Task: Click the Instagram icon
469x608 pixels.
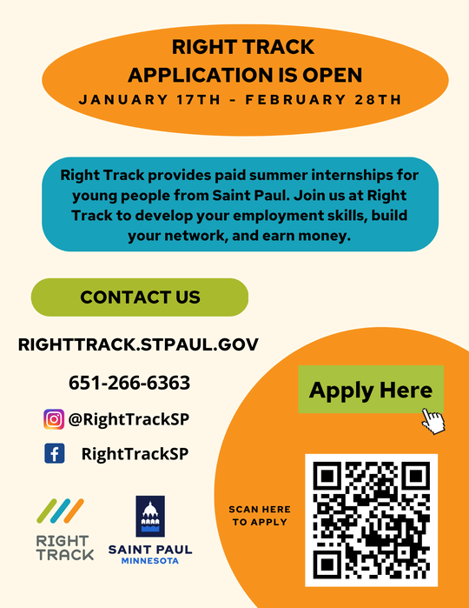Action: coord(54,418)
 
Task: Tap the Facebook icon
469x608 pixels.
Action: coord(54,453)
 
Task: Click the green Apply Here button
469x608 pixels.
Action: coord(371,390)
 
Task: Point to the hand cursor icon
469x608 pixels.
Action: coord(433,421)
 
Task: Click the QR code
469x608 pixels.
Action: coord(371,520)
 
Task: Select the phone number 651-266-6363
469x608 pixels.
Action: coord(129,383)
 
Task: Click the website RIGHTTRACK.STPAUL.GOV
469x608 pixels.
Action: coord(138,344)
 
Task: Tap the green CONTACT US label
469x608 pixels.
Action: coord(140,297)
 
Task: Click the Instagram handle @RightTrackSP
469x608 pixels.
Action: coord(129,418)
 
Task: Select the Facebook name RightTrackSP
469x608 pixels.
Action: coord(135,453)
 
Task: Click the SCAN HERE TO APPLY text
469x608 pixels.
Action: coord(260,515)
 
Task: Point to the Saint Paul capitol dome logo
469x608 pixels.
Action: coord(150,517)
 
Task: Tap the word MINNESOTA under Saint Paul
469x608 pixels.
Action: coord(150,561)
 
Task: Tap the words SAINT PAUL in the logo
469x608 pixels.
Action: coord(150,550)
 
